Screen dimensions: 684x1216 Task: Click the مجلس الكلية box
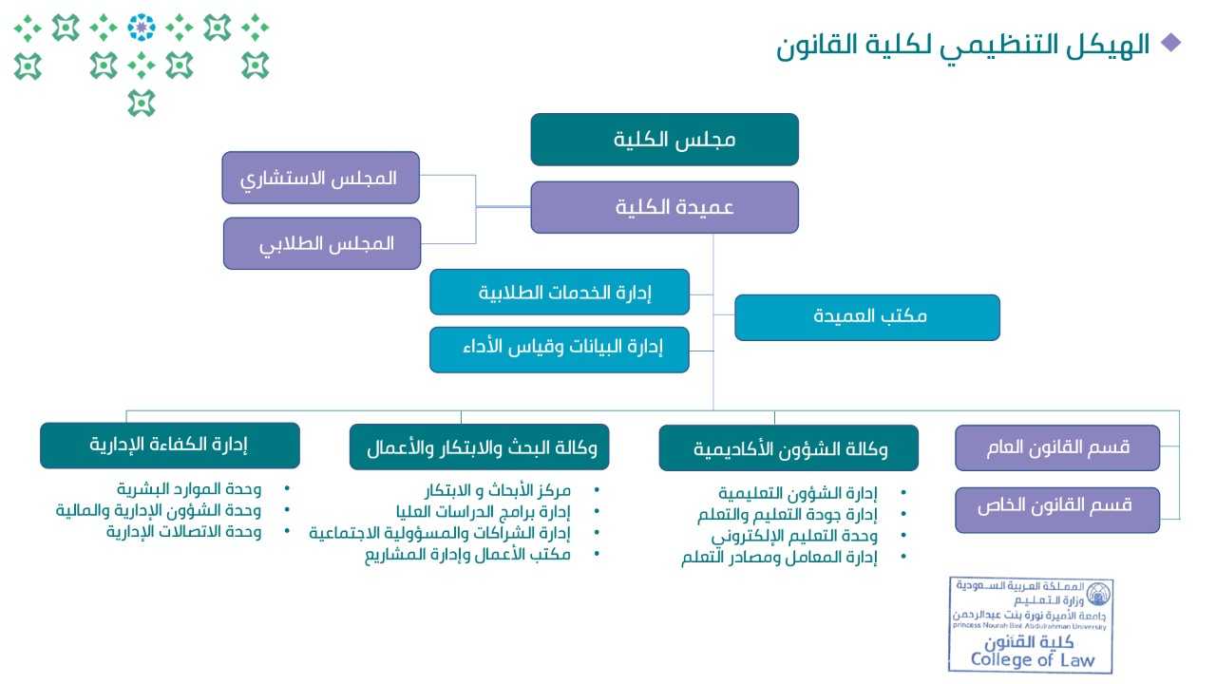pyautogui.click(x=664, y=140)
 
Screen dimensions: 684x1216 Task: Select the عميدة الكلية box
pyautogui.click(x=664, y=207)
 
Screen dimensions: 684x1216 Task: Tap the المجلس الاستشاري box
pyautogui.click(x=320, y=178)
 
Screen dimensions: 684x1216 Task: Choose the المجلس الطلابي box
pyautogui.click(x=322, y=243)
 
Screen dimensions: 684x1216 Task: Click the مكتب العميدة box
pyautogui.click(x=866, y=317)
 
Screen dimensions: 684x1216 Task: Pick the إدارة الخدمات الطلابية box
pyautogui.click(x=560, y=292)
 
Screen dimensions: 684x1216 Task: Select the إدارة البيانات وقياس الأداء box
pyautogui.click(x=560, y=350)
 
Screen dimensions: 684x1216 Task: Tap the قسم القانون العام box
pyautogui.click(x=1057, y=447)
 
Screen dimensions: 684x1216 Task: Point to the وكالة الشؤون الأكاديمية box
pyautogui.click(x=788, y=448)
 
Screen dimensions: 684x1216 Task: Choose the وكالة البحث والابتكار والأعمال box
pyautogui.click(x=480, y=447)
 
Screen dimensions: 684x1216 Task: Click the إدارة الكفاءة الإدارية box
pyautogui.click(x=169, y=446)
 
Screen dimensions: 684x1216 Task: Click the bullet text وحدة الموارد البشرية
pyautogui.click(x=189, y=489)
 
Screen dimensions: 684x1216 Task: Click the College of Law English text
pyautogui.click(x=1033, y=660)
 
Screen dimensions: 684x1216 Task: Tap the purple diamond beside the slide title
pyautogui.click(x=1171, y=42)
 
